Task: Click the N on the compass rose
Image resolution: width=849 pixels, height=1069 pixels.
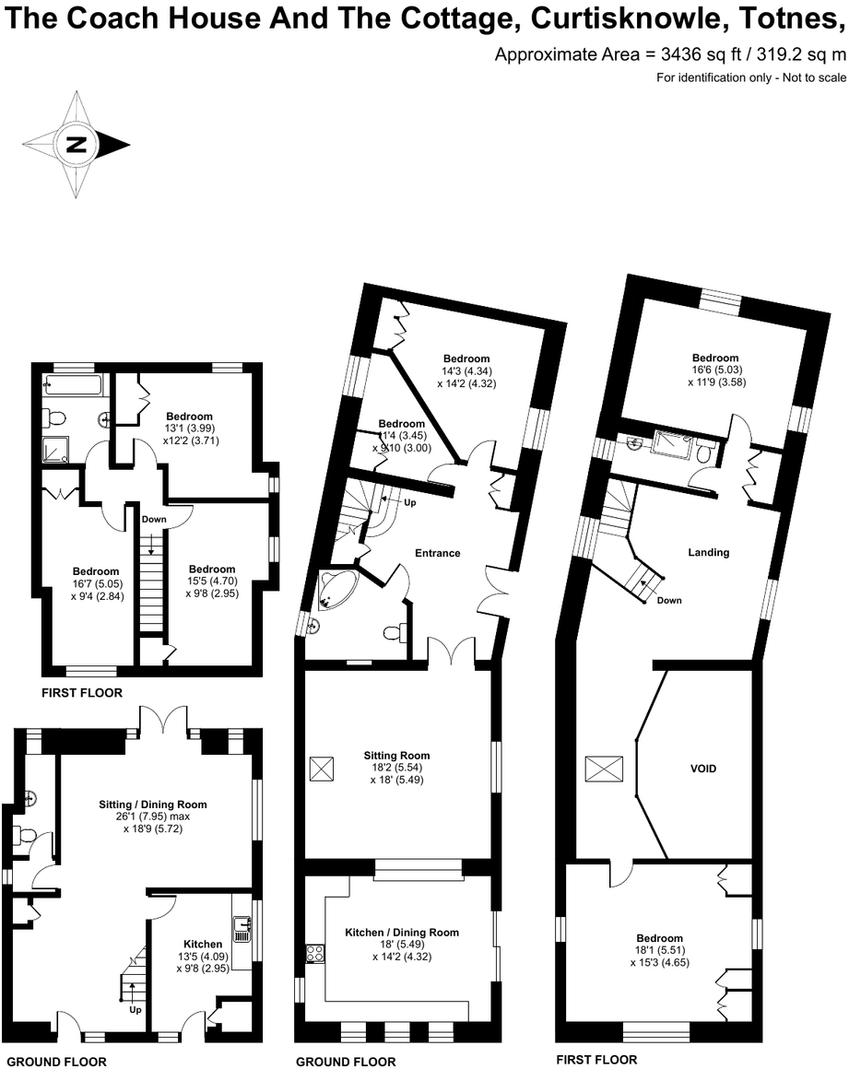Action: [x=77, y=145]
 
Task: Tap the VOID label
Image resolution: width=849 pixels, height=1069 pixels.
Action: [x=703, y=769]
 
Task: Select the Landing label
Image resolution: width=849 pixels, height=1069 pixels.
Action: [x=709, y=553]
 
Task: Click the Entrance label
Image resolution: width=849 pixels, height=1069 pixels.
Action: [x=437, y=554]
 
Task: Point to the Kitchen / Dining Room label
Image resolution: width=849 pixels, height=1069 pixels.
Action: [x=402, y=933]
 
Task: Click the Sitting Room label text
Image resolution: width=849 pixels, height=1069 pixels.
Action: [x=396, y=756]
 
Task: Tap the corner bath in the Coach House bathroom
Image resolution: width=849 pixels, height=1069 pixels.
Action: [x=328, y=589]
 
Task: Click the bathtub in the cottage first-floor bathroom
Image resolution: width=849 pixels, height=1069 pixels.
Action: [x=73, y=385]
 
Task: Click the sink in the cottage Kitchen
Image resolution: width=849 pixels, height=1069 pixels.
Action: [x=241, y=929]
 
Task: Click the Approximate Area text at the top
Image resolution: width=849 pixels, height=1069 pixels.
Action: [x=670, y=54]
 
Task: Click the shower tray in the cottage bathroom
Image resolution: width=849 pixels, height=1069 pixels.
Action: [x=55, y=448]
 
